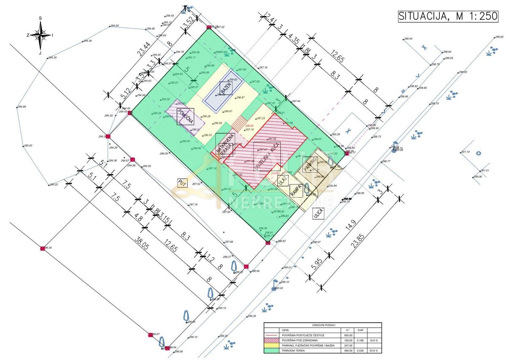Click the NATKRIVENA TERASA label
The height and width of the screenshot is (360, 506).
click(x=224, y=145)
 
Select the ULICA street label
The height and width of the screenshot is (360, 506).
click(x=319, y=213)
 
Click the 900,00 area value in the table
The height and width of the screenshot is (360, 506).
click(x=349, y=335)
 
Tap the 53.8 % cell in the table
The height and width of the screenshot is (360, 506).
click(x=373, y=350)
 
